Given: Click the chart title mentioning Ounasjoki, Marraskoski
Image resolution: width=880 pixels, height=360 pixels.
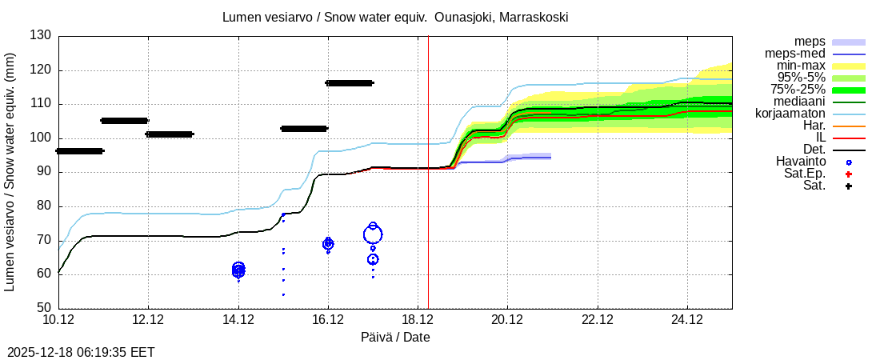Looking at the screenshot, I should [395, 17].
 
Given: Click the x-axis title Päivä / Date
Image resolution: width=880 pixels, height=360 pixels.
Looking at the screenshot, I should [395, 338].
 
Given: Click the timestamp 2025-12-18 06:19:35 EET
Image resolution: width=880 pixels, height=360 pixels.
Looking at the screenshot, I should [81, 352].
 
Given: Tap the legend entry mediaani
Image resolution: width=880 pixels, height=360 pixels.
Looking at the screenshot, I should [794, 102].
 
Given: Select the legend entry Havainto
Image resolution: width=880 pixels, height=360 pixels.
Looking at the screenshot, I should [801, 162].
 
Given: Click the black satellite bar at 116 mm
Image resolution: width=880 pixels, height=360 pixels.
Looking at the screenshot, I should [349, 83].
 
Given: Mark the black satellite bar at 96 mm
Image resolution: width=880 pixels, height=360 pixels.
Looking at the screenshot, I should [79, 151].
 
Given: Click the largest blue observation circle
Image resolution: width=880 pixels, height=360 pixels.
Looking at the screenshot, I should [373, 234].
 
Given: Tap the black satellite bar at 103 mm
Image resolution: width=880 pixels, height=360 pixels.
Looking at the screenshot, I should [303, 129].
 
